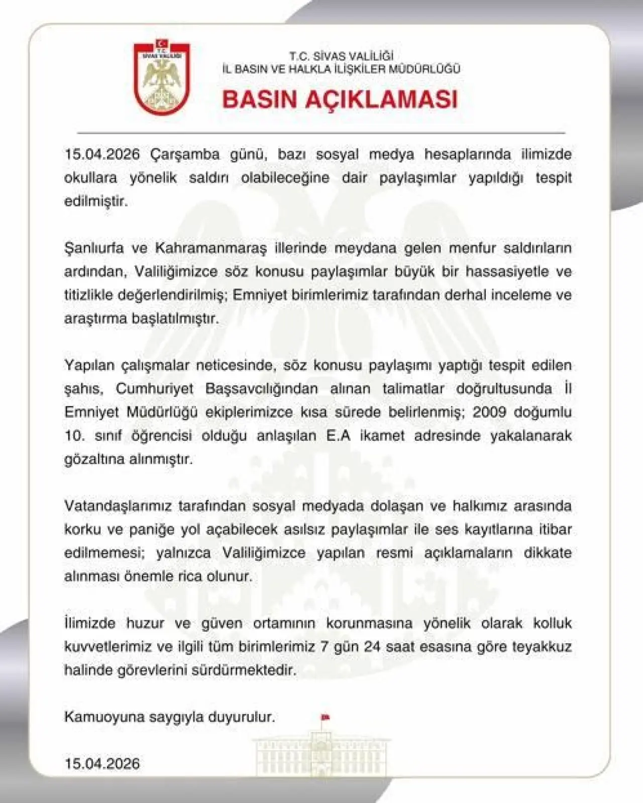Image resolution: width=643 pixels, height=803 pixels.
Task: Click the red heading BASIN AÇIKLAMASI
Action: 340,99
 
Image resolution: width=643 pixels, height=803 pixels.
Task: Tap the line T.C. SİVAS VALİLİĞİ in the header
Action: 341,56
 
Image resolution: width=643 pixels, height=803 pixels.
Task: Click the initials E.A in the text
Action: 338,435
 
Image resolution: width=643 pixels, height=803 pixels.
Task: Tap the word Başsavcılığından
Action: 262,388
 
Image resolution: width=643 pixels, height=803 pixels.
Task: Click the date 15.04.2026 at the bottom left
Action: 102,764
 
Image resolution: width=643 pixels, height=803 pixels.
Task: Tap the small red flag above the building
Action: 325,717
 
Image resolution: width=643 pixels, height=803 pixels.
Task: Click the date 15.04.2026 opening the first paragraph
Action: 102,154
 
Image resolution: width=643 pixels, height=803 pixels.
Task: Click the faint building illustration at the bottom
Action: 321,754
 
